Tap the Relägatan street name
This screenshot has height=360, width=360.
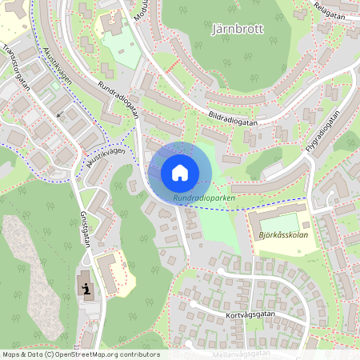[330, 10]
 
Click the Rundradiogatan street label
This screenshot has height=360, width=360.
[118, 98]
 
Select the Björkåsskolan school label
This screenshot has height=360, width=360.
[285, 236]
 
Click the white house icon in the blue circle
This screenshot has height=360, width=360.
[180, 172]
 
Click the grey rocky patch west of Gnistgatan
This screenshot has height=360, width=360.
[36, 272]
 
